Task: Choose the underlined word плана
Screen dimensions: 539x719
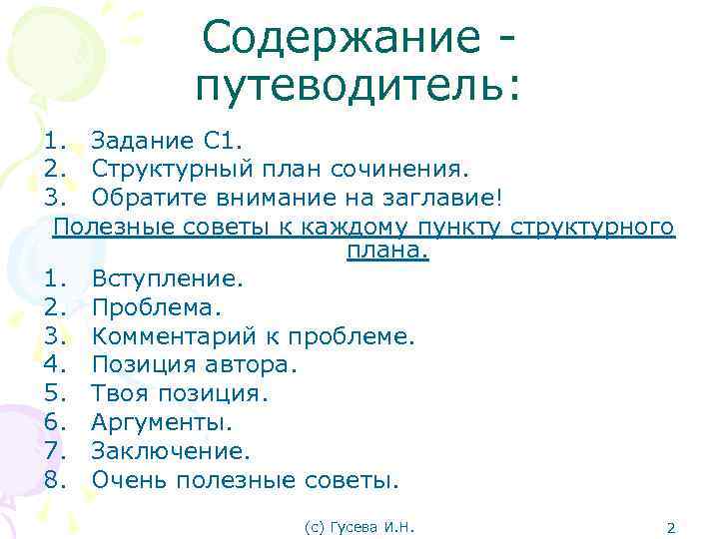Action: point(387,251)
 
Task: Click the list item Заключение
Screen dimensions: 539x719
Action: point(170,451)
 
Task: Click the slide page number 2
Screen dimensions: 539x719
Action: point(671,526)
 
